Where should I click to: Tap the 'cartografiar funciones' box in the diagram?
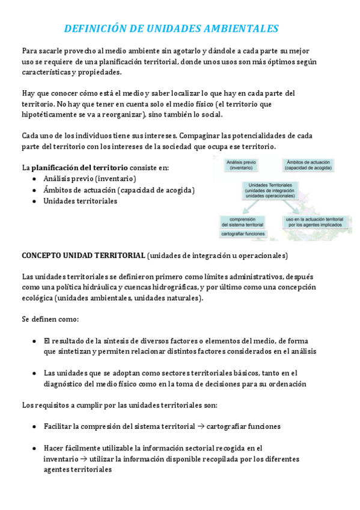239,233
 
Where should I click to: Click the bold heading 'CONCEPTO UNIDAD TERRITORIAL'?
83,256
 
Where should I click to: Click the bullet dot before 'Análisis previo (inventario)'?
34,179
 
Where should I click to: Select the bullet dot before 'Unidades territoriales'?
34,201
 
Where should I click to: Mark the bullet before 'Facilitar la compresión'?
34,426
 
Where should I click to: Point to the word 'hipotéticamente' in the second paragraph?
53,114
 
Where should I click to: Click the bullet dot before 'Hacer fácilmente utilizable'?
34,448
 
